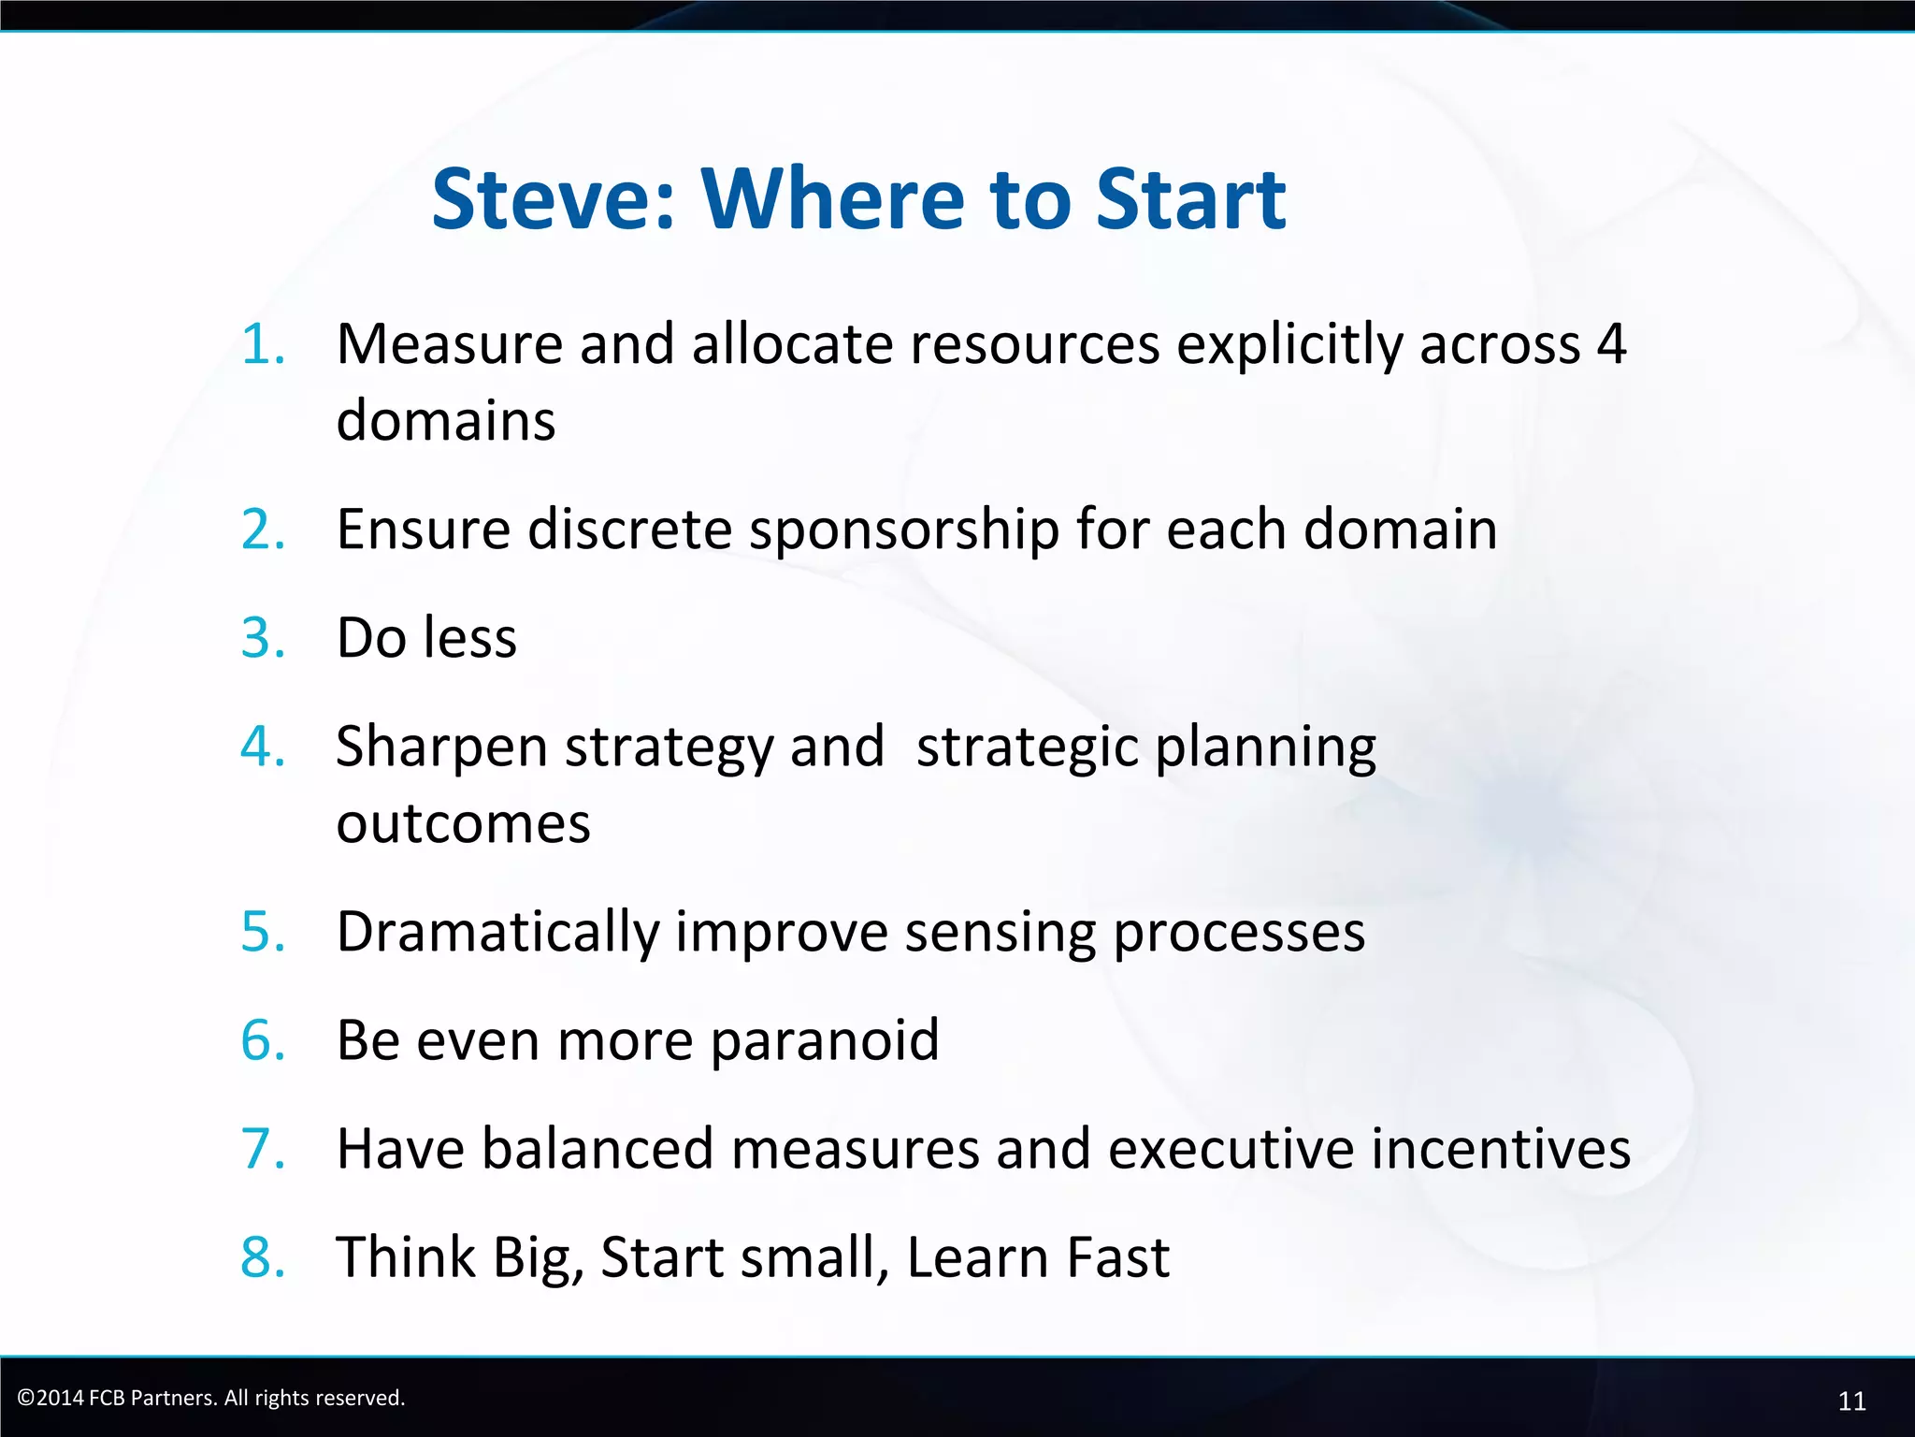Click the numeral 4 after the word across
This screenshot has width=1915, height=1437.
1611,344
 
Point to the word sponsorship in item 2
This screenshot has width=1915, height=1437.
904,530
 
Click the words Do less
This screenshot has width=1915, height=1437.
426,638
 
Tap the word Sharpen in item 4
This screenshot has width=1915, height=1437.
441,748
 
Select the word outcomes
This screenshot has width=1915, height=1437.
463,823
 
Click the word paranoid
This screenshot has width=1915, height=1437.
825,1041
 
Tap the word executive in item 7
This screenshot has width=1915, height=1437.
1231,1149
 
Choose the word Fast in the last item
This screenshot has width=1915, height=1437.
1117,1257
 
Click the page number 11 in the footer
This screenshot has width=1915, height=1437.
1851,1401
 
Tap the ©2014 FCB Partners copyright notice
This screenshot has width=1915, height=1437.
211,1398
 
